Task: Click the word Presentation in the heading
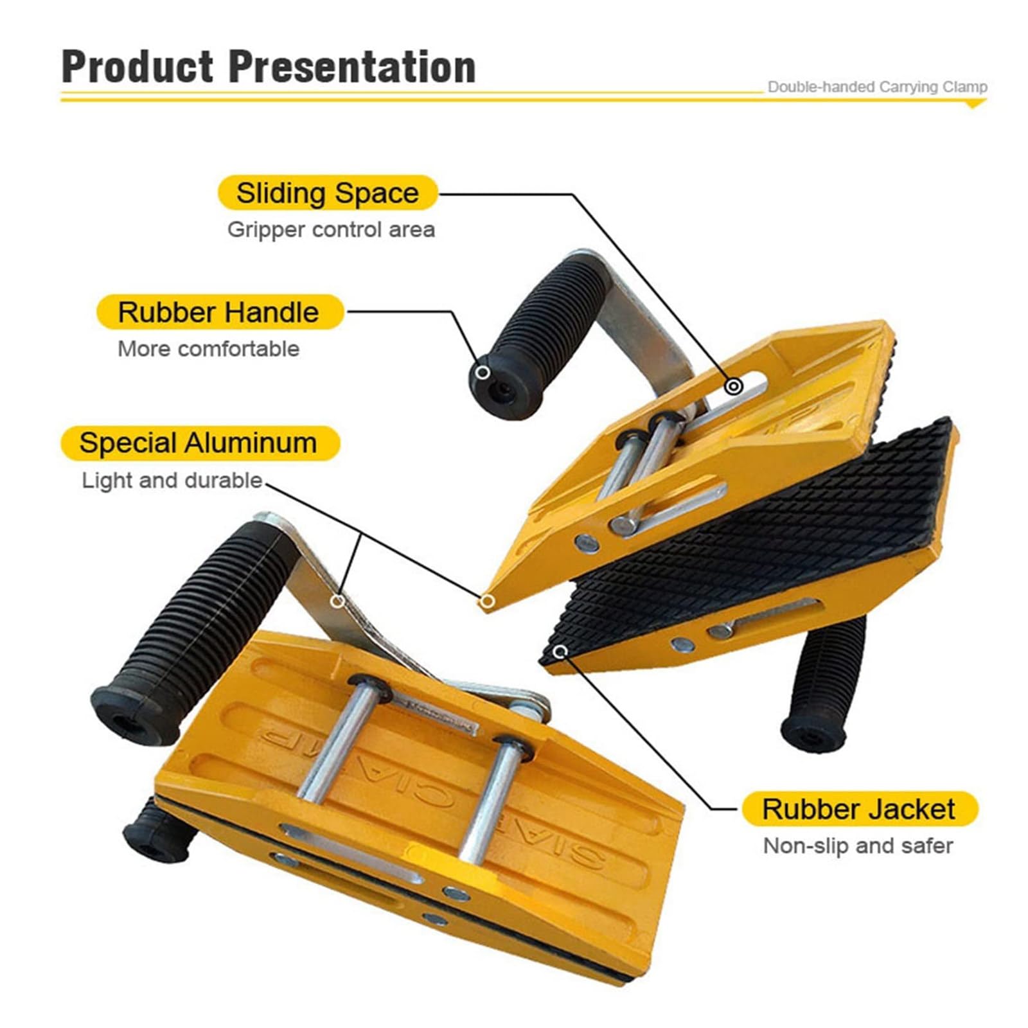(353, 66)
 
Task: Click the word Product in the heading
(137, 66)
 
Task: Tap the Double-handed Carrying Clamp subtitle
(877, 87)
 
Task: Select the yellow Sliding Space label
(327, 193)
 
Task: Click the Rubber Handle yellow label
(218, 312)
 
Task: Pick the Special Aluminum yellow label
(199, 443)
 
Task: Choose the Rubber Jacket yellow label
(858, 809)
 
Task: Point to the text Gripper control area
(331, 229)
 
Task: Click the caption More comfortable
(208, 349)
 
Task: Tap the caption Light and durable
(172, 481)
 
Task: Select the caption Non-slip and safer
(858, 846)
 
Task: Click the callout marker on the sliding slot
(734, 386)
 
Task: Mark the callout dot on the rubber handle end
(483, 373)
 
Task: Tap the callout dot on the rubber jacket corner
(562, 651)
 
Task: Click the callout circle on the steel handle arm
(337, 601)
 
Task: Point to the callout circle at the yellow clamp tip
(488, 601)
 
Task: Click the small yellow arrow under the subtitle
(975, 104)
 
